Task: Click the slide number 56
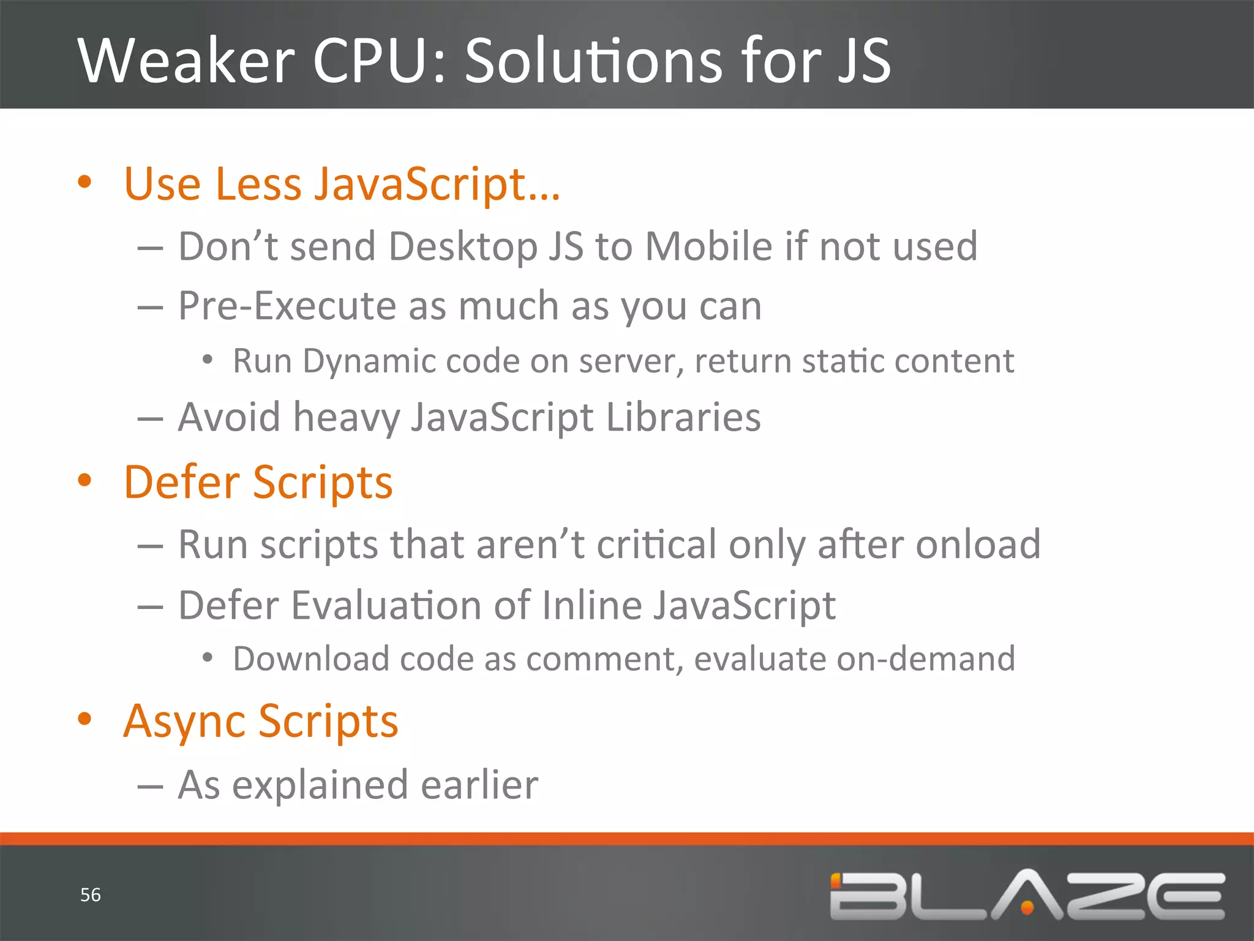pyautogui.click(x=91, y=895)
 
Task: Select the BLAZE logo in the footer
pyautogui.click(x=1027, y=895)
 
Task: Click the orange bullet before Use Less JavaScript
pyautogui.click(x=84, y=182)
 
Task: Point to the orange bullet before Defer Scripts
pyautogui.click(x=84, y=480)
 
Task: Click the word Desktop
pyautogui.click(x=463, y=246)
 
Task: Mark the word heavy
pyautogui.click(x=347, y=418)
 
